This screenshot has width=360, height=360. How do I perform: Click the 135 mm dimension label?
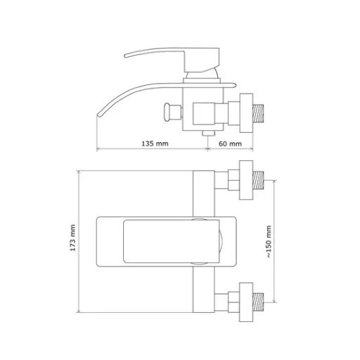(155, 143)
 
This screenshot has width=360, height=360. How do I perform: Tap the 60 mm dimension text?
(230, 143)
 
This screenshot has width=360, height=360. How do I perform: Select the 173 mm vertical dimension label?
(73, 238)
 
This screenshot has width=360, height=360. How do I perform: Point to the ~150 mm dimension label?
(269, 241)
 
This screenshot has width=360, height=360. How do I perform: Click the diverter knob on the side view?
(173, 112)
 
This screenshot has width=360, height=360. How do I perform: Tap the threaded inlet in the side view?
(259, 113)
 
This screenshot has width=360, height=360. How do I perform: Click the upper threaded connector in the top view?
(259, 181)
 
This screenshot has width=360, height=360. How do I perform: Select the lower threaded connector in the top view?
(259, 302)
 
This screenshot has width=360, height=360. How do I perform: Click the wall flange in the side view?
(246, 113)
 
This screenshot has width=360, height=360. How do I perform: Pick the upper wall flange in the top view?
(246, 180)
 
